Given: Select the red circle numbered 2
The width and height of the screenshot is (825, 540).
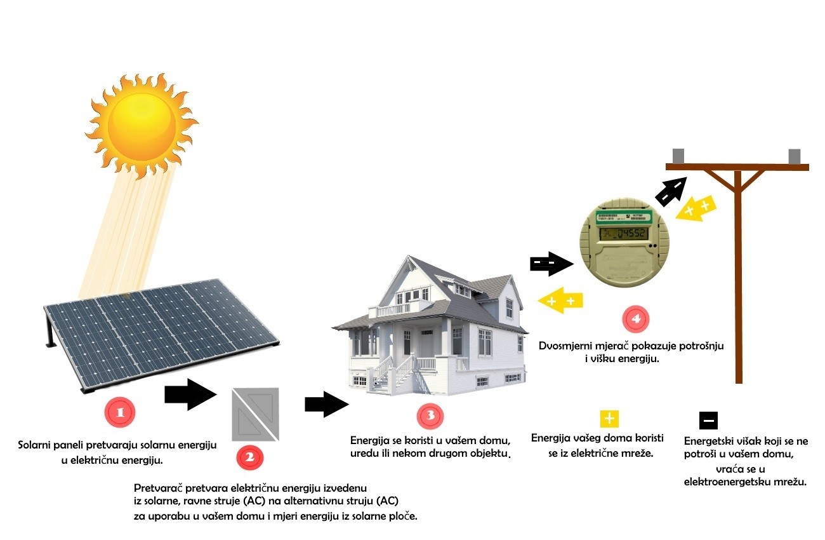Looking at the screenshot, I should [249, 456].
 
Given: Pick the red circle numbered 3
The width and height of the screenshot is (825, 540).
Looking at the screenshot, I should [430, 416].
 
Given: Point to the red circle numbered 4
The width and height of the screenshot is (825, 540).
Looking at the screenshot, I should [636, 319].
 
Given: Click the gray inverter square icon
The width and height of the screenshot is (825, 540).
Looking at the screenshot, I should [255, 414].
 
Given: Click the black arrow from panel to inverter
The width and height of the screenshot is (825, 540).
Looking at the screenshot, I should [190, 395].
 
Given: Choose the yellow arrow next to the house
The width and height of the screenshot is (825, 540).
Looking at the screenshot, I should [560, 300].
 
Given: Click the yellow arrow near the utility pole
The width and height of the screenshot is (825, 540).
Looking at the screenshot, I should [696, 208].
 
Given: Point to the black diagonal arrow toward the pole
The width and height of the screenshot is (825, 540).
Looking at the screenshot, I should [671, 191].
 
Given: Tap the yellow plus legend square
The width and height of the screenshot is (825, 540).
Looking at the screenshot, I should [609, 419].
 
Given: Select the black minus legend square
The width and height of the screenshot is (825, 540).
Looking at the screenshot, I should [708, 421].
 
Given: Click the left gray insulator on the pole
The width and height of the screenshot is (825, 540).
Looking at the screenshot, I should [678, 156].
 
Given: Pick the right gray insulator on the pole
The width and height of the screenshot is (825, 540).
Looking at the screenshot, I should [794, 156].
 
